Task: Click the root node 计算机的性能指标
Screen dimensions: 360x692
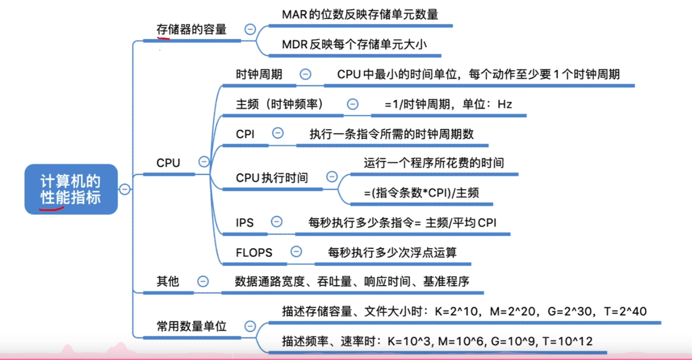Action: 71,189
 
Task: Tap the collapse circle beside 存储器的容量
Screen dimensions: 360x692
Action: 250,29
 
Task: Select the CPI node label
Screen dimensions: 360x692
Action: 245,134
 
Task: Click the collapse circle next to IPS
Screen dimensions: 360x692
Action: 277,222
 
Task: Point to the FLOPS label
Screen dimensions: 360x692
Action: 254,253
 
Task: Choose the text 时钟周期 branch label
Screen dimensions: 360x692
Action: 259,74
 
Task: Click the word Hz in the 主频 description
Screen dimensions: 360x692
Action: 505,104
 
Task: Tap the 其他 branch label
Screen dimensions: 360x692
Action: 168,282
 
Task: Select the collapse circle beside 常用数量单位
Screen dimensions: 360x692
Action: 250,326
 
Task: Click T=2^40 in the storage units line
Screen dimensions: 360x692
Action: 625,312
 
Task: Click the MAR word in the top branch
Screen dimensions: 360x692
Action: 295,15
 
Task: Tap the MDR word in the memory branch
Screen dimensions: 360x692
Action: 295,44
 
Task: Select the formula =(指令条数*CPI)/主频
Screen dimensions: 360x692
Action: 421,193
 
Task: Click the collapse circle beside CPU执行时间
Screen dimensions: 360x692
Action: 332,177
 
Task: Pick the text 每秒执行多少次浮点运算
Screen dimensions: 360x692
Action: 392,253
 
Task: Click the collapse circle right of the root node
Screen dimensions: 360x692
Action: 125,189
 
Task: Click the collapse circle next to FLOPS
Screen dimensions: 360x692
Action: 296,251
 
